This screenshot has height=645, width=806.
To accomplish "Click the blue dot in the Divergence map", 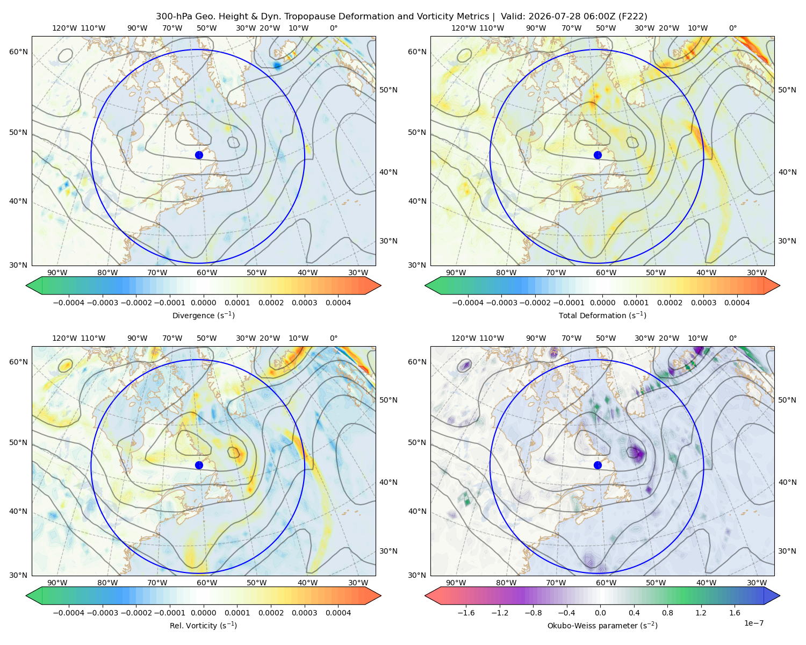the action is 199,155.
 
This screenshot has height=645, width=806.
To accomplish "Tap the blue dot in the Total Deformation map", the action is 598,155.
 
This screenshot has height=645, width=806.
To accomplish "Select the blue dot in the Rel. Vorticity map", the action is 199,465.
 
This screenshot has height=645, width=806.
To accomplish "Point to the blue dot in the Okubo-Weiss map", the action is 598,465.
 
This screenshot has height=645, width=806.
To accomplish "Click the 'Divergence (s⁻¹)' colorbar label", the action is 203,315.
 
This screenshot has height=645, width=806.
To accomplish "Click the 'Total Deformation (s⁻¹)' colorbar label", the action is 602,315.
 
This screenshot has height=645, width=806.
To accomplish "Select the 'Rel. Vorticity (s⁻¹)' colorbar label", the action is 203,626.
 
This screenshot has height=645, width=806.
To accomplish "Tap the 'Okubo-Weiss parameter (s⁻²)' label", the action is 602,626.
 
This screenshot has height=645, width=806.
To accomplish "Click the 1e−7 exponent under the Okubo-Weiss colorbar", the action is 753,623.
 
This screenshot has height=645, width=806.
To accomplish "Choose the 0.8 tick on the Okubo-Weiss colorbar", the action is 667,613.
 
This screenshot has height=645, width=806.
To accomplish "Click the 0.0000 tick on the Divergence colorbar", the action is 203,303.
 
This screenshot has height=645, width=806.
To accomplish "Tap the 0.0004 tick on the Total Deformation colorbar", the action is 737,303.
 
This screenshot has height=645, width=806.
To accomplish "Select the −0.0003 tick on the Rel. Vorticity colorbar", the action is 102,613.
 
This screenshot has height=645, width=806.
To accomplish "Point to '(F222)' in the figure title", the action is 634,17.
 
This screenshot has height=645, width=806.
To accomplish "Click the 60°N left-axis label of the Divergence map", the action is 18,52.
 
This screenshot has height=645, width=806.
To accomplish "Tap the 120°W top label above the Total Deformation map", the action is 464,28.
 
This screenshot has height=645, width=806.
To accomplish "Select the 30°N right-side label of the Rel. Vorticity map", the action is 388,551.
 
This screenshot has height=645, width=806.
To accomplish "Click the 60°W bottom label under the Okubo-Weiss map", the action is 606,583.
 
